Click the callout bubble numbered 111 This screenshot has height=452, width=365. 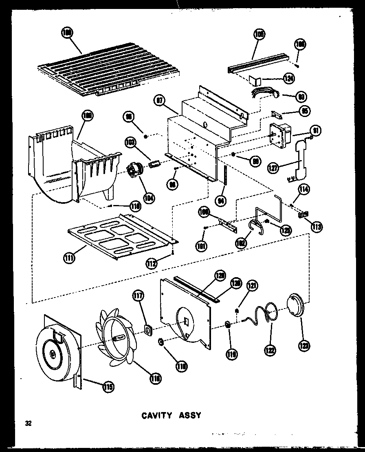[x=69, y=258]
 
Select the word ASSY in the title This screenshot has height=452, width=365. [x=190, y=416]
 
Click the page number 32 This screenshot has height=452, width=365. [x=28, y=423]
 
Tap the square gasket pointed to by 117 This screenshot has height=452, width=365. [x=149, y=329]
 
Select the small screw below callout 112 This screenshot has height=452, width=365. [x=174, y=253]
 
